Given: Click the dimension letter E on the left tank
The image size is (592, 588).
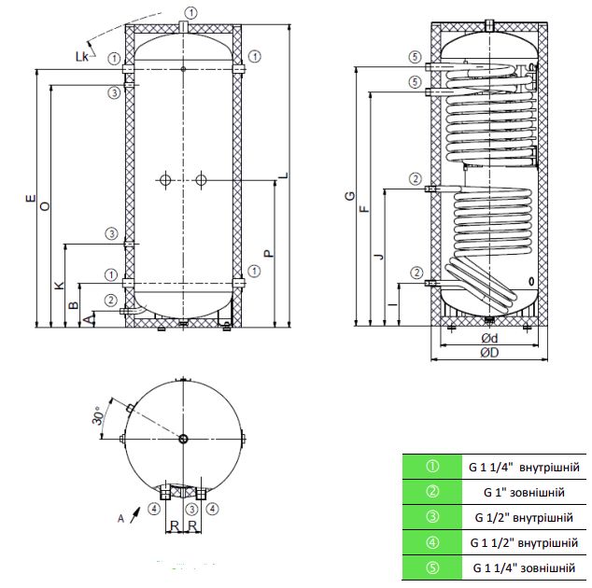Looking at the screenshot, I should [31, 198].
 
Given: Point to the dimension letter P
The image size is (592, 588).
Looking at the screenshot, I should [267, 252].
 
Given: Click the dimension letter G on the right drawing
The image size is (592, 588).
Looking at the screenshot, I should [349, 197].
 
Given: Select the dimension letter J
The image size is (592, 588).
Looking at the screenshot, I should [378, 253].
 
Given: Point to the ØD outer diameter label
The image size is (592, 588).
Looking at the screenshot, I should [488, 354].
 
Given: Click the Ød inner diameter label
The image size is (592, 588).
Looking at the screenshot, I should [488, 338].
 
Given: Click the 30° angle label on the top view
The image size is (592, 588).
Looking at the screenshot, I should [97, 417].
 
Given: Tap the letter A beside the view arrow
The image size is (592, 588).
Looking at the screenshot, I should [120, 515].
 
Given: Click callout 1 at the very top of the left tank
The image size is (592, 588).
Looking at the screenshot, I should [190, 11].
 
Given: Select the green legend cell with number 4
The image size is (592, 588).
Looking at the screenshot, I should [431, 542].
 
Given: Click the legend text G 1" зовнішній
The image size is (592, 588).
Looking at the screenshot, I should [524, 491].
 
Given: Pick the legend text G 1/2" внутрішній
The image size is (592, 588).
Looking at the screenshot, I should [524, 517].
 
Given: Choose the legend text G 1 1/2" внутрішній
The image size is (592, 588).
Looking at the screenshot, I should [524, 542].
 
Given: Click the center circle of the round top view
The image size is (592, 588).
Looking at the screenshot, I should [183, 439].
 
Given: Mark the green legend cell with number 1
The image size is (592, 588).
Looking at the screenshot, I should [431, 466].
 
